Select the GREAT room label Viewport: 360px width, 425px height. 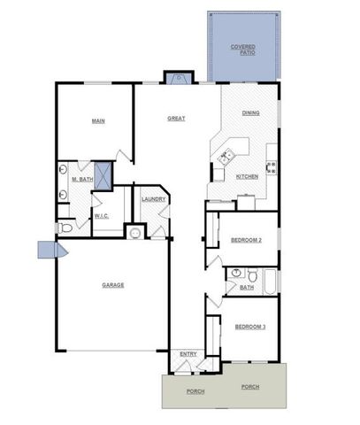click(176, 118)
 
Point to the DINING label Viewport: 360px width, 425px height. click(251, 113)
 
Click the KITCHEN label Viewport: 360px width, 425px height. click(247, 176)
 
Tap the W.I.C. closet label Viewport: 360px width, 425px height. click(102, 215)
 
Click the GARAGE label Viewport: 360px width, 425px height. click(112, 285)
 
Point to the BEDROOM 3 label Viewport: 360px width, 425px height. click(250, 327)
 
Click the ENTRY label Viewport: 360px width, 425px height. click(188, 354)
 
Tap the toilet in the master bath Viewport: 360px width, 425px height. click(66, 228)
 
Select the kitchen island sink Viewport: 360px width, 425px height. click(225, 157)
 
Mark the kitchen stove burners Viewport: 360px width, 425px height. click(272, 165)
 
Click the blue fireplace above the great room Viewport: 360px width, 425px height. click(179, 78)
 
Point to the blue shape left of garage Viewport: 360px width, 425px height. click(48, 251)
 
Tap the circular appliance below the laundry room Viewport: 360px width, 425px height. click(135, 233)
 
